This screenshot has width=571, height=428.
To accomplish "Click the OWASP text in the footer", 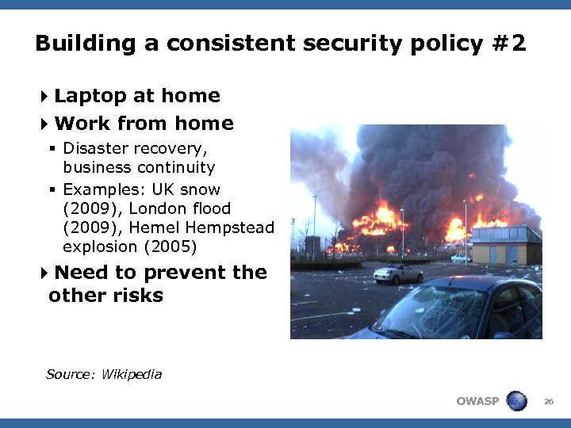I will tap(477, 401).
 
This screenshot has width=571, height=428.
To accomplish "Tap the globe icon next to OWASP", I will tap(516, 401).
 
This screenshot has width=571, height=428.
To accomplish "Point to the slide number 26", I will tap(548, 402).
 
